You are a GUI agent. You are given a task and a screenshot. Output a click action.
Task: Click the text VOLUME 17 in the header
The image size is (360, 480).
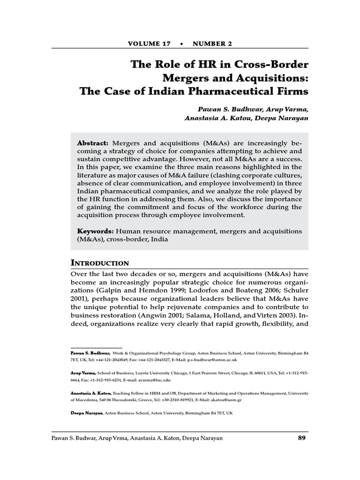pyautogui.click(x=149, y=44)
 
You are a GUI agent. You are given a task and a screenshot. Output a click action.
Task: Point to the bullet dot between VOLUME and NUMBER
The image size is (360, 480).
pyautogui.click(x=181, y=44)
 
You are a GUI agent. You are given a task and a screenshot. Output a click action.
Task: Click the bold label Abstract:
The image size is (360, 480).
pyautogui.click(x=93, y=142)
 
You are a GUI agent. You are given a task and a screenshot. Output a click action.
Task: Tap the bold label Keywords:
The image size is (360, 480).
pyautogui.click(x=96, y=231)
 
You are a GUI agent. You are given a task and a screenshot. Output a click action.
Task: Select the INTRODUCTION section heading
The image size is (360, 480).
pyautogui.click(x=100, y=262)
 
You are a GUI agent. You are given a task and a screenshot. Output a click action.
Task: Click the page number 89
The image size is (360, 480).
pyautogui.click(x=302, y=438)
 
